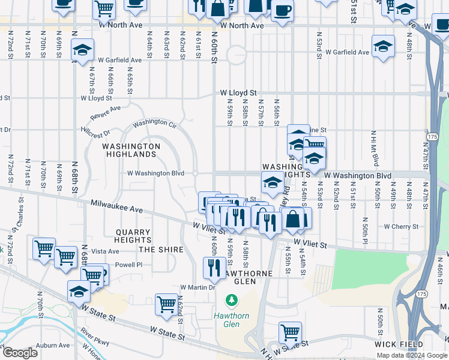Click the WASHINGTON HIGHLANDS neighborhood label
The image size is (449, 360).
131,150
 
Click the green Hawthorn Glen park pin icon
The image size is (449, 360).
231,299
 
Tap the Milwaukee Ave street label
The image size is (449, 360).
116,206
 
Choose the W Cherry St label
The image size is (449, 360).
401,227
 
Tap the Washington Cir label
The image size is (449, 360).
154,122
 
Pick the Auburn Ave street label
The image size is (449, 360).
53,346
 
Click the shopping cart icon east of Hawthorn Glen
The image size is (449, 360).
291,332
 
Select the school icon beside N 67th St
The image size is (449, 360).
82,50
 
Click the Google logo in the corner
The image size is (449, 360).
20,353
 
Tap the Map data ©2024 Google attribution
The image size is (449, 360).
411,355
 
